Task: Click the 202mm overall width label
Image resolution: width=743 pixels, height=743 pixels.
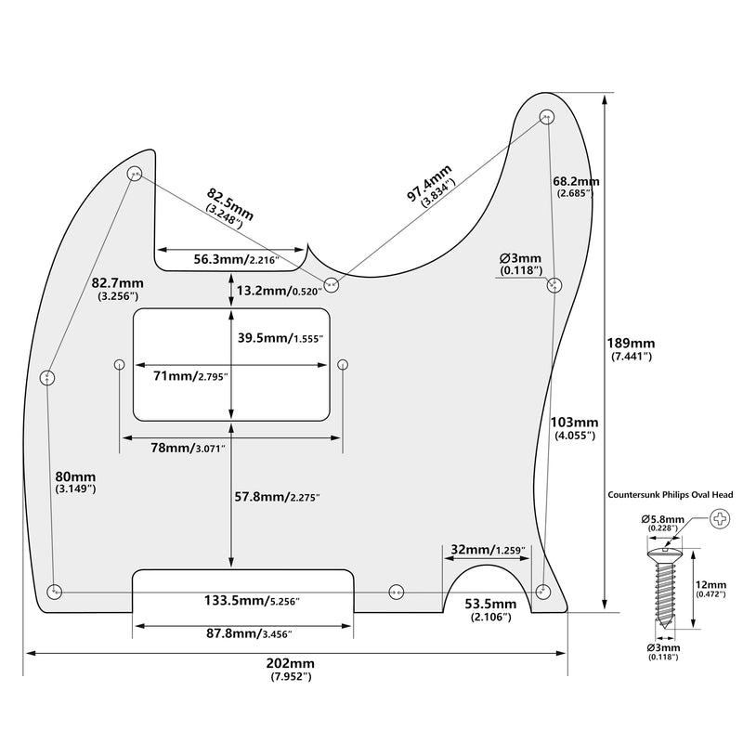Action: pyautogui.click(x=291, y=669)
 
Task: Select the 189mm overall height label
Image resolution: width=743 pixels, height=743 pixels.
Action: pyautogui.click(x=631, y=349)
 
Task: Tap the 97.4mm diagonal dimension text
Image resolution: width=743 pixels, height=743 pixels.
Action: pyautogui.click(x=431, y=185)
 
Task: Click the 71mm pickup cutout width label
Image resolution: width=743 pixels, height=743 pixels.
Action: pyautogui.click(x=191, y=376)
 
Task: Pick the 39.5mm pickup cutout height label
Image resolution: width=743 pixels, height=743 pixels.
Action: pyautogui.click(x=280, y=338)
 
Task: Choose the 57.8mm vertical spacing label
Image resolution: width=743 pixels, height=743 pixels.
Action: pyautogui.click(x=278, y=497)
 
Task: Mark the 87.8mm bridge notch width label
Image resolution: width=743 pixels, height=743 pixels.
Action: pyautogui.click(x=249, y=633)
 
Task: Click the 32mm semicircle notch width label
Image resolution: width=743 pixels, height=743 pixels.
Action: pyautogui.click(x=489, y=549)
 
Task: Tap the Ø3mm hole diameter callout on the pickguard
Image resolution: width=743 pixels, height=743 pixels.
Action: pyautogui.click(x=520, y=264)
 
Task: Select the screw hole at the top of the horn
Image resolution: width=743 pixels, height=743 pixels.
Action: pyautogui.click(x=547, y=117)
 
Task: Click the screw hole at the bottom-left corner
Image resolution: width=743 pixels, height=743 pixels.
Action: pyautogui.click(x=55, y=592)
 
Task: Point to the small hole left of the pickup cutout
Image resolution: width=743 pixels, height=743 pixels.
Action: pyautogui.click(x=120, y=364)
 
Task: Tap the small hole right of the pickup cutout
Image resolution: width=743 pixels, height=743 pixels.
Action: pyautogui.click(x=343, y=364)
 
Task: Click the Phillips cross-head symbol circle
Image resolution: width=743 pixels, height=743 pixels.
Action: pyautogui.click(x=721, y=519)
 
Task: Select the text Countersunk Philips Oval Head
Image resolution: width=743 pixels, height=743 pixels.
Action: pyautogui.click(x=671, y=495)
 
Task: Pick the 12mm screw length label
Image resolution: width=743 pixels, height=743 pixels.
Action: pyautogui.click(x=710, y=589)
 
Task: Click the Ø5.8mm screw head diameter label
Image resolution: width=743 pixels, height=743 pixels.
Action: pyautogui.click(x=663, y=523)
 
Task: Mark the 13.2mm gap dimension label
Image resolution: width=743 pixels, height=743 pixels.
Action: pyautogui.click(x=280, y=291)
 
